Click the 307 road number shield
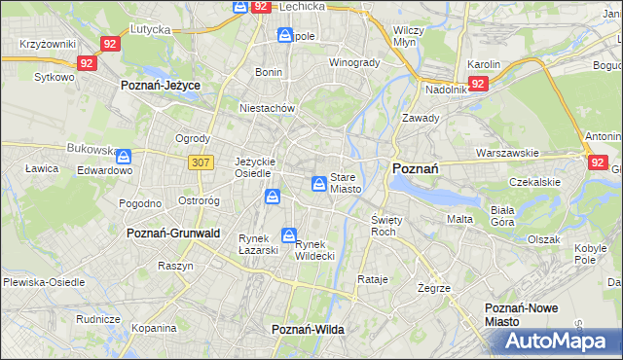(x=202, y=163)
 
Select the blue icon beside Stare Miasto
(x=318, y=183)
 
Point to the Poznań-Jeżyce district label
(x=161, y=86)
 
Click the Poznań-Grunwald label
(x=173, y=234)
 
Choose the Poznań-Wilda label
(x=308, y=330)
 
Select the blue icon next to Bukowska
(x=124, y=155)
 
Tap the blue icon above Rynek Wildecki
(x=289, y=234)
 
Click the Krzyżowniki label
(x=48, y=46)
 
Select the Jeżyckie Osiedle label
(x=257, y=167)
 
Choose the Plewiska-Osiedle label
(x=44, y=281)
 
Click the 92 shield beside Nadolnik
(x=477, y=85)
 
